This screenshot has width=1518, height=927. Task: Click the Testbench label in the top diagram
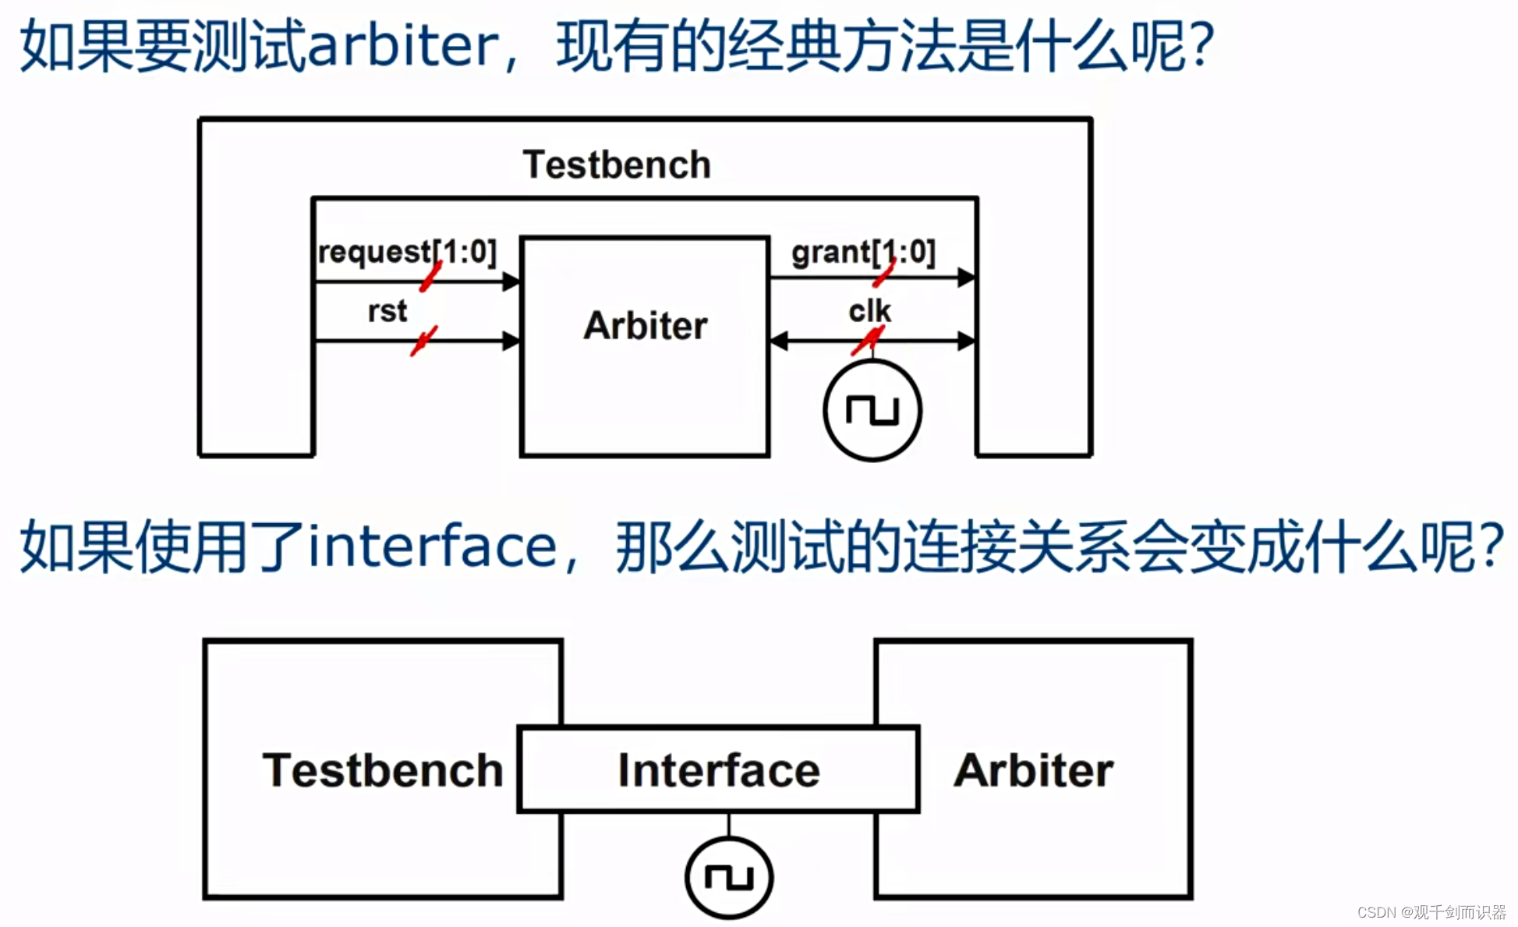pyautogui.click(x=616, y=165)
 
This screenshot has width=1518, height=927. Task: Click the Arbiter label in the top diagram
pyautogui.click(x=646, y=325)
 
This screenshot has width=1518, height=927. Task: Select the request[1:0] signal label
pyautogui.click(x=406, y=252)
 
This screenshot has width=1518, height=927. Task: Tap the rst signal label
pyautogui.click(x=387, y=310)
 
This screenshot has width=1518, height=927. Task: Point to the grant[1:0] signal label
pyautogui.click(x=863, y=252)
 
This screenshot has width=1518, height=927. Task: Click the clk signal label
pyautogui.click(x=869, y=310)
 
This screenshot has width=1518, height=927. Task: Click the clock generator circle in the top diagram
pyautogui.click(x=872, y=410)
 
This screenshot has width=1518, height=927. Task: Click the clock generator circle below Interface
pyautogui.click(x=729, y=877)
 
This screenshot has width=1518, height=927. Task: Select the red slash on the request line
pyautogui.click(x=430, y=277)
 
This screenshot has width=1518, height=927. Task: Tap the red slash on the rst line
pyautogui.click(x=423, y=341)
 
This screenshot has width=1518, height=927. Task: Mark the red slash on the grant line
pyautogui.click(x=884, y=274)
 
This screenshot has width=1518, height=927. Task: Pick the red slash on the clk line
pyautogui.click(x=868, y=341)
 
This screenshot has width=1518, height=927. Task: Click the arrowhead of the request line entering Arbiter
pyautogui.click(x=511, y=281)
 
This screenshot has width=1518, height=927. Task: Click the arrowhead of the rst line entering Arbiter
pyautogui.click(x=511, y=341)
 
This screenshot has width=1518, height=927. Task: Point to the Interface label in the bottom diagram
pyautogui.click(x=718, y=770)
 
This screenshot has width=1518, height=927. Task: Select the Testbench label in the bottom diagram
pyautogui.click(x=382, y=770)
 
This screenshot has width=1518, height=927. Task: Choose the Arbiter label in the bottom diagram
pyautogui.click(x=1033, y=770)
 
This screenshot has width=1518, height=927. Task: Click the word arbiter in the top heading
pyautogui.click(x=403, y=45)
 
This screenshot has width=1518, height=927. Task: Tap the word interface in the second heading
pyautogui.click(x=433, y=546)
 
